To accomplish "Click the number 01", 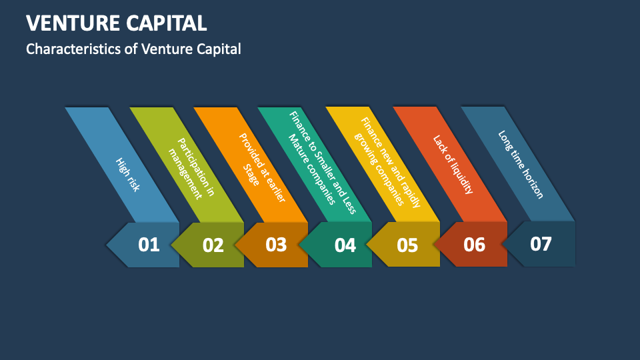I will [x=149, y=245].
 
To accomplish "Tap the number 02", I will [x=213, y=245].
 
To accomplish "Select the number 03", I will [x=275, y=245].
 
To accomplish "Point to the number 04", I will [x=345, y=245].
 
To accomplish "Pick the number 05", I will [x=407, y=245].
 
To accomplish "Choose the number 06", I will [x=474, y=245].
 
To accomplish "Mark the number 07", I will [x=541, y=244].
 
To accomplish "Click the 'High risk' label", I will [x=127, y=175].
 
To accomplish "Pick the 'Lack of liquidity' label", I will [x=453, y=164].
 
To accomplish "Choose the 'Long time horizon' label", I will [x=521, y=164].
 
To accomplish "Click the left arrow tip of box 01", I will [x=107, y=245].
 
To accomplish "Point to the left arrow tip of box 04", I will [x=300, y=245].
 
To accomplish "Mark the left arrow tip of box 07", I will [x=503, y=244].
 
